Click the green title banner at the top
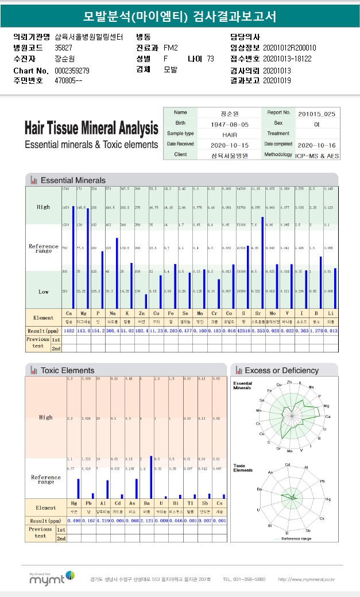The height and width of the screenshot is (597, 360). pos(180,15)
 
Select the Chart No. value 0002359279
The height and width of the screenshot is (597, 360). pos(72,71)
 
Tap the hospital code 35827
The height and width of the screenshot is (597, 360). pos(63,48)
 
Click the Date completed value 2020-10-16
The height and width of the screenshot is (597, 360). pos(316,145)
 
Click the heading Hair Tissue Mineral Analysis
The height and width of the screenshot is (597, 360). pos(91,127)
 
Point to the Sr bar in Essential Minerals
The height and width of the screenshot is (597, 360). pos(263,262)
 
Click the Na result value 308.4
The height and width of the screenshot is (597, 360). pos(113,331)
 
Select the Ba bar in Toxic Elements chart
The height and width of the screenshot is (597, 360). pos(150,477)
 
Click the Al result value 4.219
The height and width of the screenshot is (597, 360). pos(103,521)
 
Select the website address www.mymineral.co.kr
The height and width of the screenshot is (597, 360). pos(306,579)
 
